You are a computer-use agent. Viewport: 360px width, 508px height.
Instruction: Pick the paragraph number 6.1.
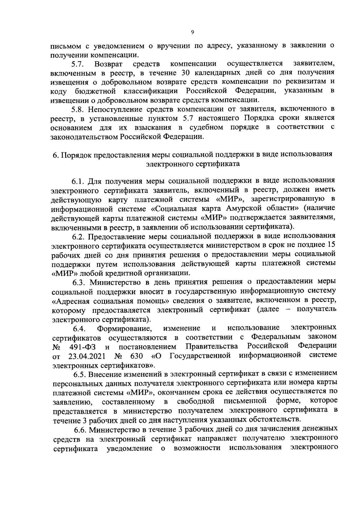pyautogui.click(x=78, y=181)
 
